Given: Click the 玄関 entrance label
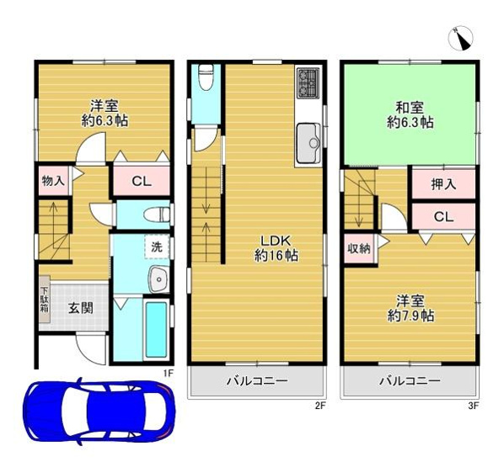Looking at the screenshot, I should [81, 307].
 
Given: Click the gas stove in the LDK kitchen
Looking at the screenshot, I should [306, 84].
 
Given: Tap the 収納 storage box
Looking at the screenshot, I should [357, 248].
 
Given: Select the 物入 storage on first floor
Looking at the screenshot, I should [51, 180].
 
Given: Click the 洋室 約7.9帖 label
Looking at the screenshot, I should [410, 308].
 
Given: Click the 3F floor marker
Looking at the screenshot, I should [474, 405].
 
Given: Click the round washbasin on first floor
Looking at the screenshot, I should [156, 279].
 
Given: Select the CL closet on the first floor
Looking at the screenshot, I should [141, 181].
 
